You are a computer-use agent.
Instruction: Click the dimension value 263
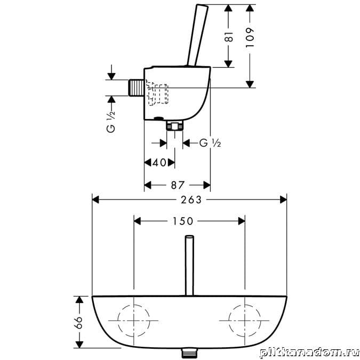click(191, 200)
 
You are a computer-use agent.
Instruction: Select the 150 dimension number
click(183, 221)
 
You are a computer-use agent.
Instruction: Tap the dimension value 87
click(178, 185)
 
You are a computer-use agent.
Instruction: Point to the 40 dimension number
click(159, 163)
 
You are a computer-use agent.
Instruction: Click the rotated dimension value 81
click(229, 36)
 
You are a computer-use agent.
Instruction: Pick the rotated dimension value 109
click(250, 38)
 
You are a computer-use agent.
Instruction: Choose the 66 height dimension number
click(79, 323)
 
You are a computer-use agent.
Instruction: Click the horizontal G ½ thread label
click(210, 143)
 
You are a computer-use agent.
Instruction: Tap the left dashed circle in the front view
click(118, 321)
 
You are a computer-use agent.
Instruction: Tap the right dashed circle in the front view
click(229, 321)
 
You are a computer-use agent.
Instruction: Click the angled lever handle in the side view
click(198, 35)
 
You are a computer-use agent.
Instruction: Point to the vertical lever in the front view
click(189, 266)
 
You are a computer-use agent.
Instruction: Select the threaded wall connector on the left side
click(136, 87)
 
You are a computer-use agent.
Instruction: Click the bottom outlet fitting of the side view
click(175, 125)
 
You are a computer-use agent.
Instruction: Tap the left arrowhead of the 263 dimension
click(95, 200)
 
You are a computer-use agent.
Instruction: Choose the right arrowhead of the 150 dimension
click(242, 221)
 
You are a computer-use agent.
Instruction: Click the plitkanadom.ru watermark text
click(309, 353)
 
